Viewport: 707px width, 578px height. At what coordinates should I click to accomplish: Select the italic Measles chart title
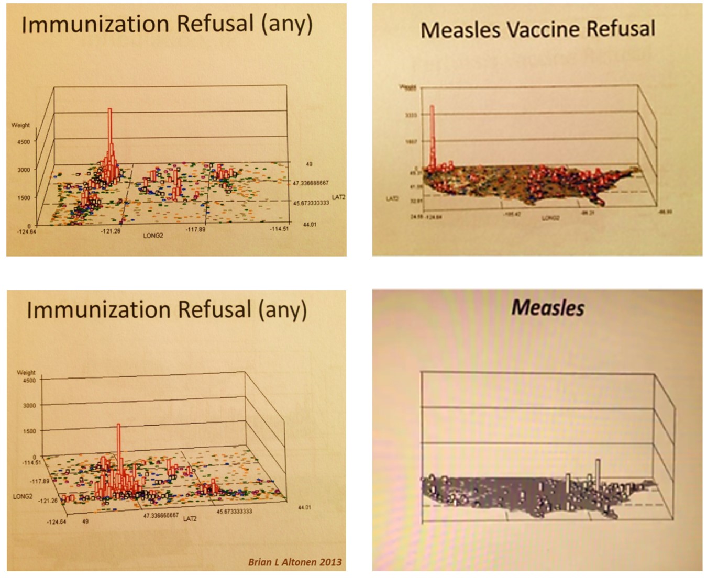[547, 307]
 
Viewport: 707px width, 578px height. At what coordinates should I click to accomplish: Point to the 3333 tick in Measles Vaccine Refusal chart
[411, 115]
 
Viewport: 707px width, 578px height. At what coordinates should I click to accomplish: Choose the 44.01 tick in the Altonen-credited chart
[304, 507]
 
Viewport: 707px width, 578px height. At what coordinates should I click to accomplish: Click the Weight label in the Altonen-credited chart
[26, 372]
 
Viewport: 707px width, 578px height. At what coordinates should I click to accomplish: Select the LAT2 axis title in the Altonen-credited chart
[190, 519]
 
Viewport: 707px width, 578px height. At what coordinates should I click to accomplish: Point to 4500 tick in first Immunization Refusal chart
[24, 141]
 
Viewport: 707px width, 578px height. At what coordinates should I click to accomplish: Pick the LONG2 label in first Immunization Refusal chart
[153, 236]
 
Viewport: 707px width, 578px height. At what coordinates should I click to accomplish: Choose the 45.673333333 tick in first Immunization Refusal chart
[311, 203]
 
